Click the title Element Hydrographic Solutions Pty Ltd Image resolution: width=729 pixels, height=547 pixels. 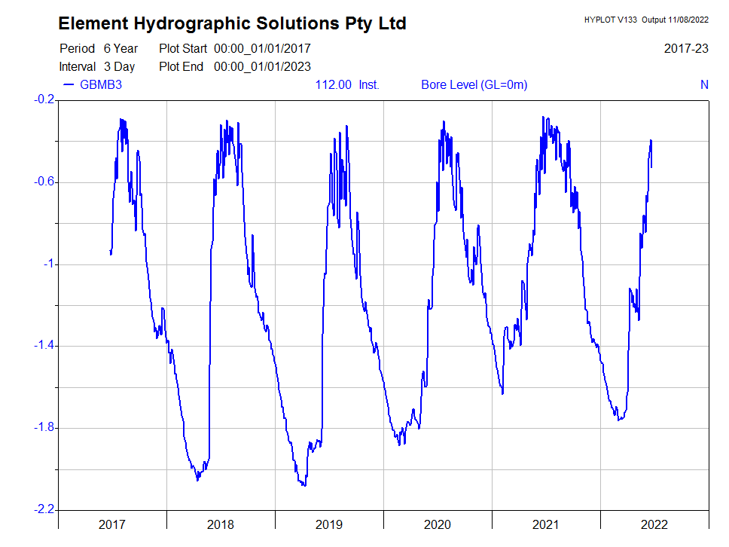click(x=232, y=23)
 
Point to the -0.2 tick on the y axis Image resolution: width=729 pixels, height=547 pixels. click(x=44, y=99)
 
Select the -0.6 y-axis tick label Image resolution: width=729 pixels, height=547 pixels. click(x=44, y=182)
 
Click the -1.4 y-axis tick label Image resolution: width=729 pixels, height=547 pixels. click(x=44, y=346)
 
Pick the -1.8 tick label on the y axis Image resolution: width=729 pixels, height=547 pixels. click(x=44, y=428)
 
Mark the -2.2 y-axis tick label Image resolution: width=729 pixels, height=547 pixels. click(x=44, y=510)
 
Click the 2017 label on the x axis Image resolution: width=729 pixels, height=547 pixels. click(x=112, y=524)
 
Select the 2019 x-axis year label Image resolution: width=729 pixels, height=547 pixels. click(x=329, y=524)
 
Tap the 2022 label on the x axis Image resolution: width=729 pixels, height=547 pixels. click(x=654, y=524)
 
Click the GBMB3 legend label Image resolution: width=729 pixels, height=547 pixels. click(x=101, y=84)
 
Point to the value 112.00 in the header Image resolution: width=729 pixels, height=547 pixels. click(x=333, y=84)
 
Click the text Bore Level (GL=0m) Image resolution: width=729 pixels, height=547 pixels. click(x=474, y=84)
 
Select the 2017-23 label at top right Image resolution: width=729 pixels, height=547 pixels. click(x=686, y=48)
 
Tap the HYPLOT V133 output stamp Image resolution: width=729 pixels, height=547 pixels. click(x=645, y=20)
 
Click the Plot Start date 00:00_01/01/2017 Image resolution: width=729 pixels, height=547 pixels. click(x=262, y=48)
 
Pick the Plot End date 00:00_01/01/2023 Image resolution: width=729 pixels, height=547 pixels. click(x=262, y=66)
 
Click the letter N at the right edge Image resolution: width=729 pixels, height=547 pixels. click(x=704, y=84)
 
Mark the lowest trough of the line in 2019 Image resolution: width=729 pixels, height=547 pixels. click(x=303, y=485)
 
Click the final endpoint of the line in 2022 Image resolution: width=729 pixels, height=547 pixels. click(x=651, y=167)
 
